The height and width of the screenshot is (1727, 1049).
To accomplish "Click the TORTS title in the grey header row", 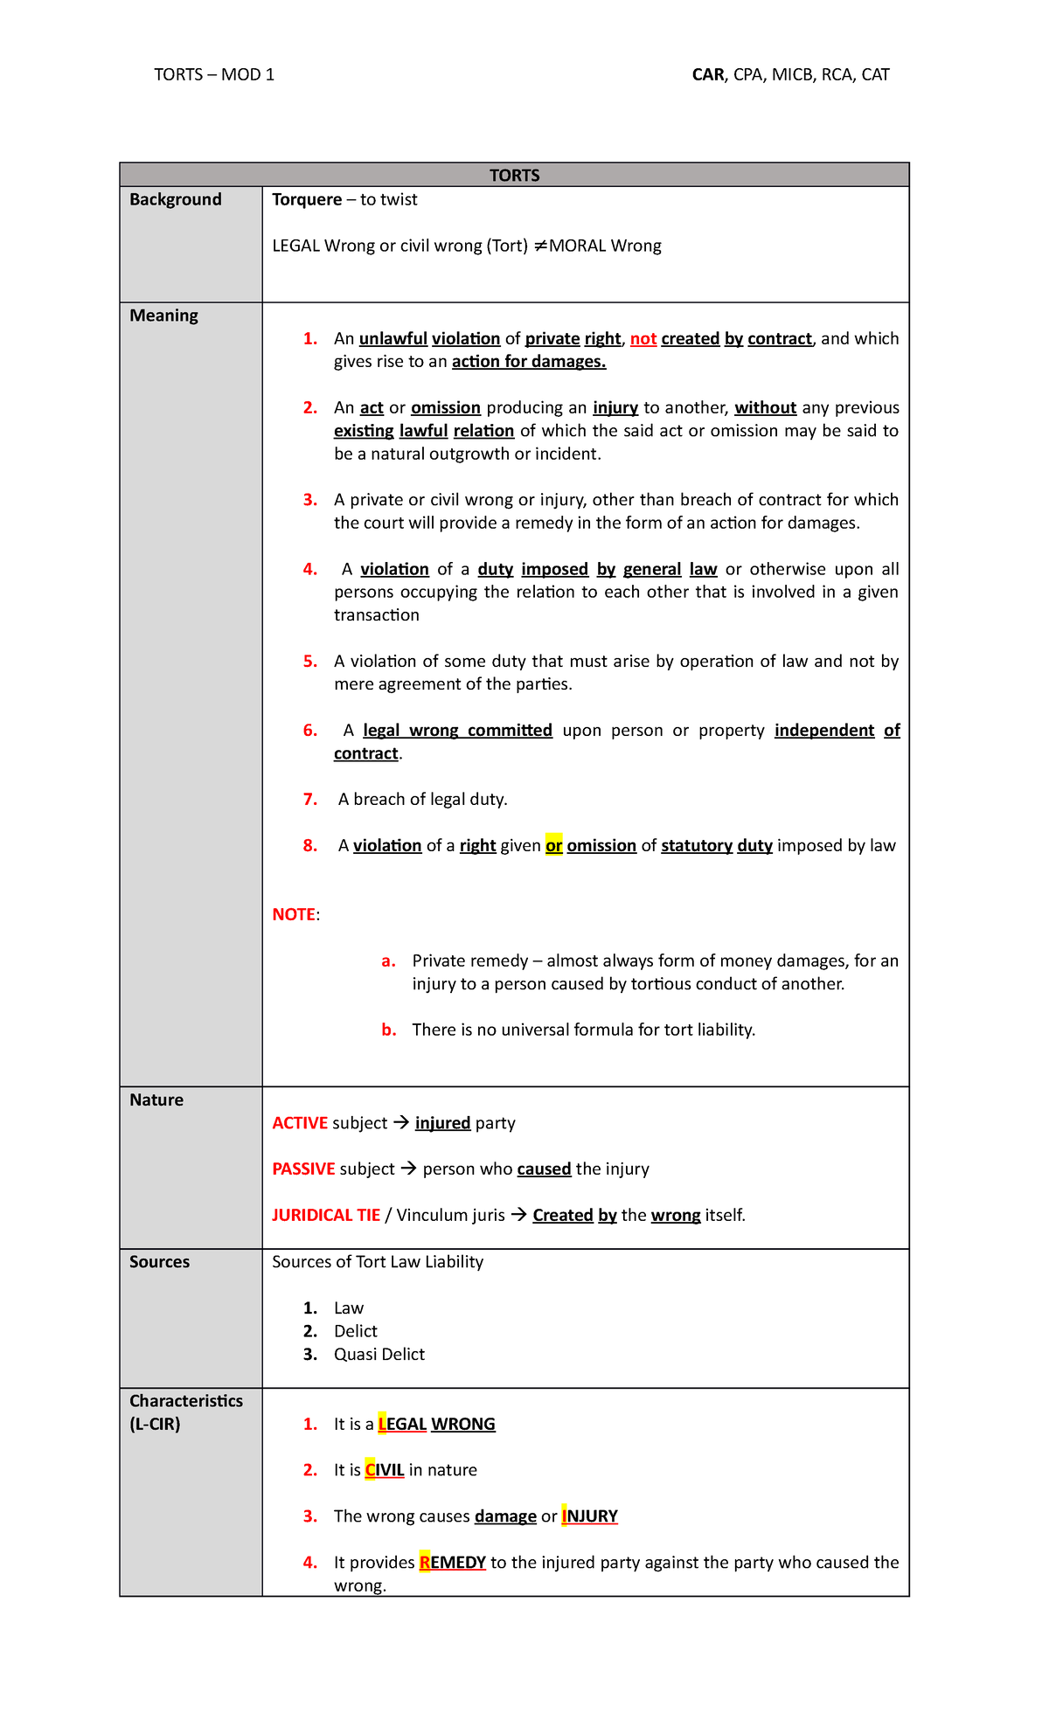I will (514, 176).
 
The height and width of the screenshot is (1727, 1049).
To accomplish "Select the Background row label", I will (175, 199).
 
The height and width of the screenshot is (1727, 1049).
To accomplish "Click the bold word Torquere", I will (307, 199).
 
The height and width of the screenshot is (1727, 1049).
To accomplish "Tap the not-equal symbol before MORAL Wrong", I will (539, 246).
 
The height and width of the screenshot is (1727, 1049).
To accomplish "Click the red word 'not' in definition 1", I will (643, 339).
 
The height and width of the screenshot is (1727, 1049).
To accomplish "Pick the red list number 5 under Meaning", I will (310, 662).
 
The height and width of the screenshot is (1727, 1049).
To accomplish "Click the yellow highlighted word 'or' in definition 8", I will (553, 846).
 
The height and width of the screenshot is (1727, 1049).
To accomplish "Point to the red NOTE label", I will (294, 915).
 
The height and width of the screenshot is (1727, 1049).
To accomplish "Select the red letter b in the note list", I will (388, 1030).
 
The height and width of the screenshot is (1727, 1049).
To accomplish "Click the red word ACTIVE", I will (300, 1123).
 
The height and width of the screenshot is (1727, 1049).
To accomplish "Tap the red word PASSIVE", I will (303, 1169).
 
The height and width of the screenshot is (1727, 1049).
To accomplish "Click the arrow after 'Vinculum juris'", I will (518, 1215).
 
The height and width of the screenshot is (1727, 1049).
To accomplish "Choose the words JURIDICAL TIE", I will (326, 1216).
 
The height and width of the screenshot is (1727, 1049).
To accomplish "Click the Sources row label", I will (159, 1262).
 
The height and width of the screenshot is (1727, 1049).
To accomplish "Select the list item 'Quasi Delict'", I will (379, 1355).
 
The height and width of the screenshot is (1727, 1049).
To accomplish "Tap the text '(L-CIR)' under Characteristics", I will (155, 1424).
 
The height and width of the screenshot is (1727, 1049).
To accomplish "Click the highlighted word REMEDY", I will (452, 1563).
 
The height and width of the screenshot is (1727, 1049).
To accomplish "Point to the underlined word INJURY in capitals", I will (589, 1516).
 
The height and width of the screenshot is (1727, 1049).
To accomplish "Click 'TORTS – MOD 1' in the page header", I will (214, 75).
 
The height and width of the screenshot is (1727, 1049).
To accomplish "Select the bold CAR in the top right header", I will (707, 75).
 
